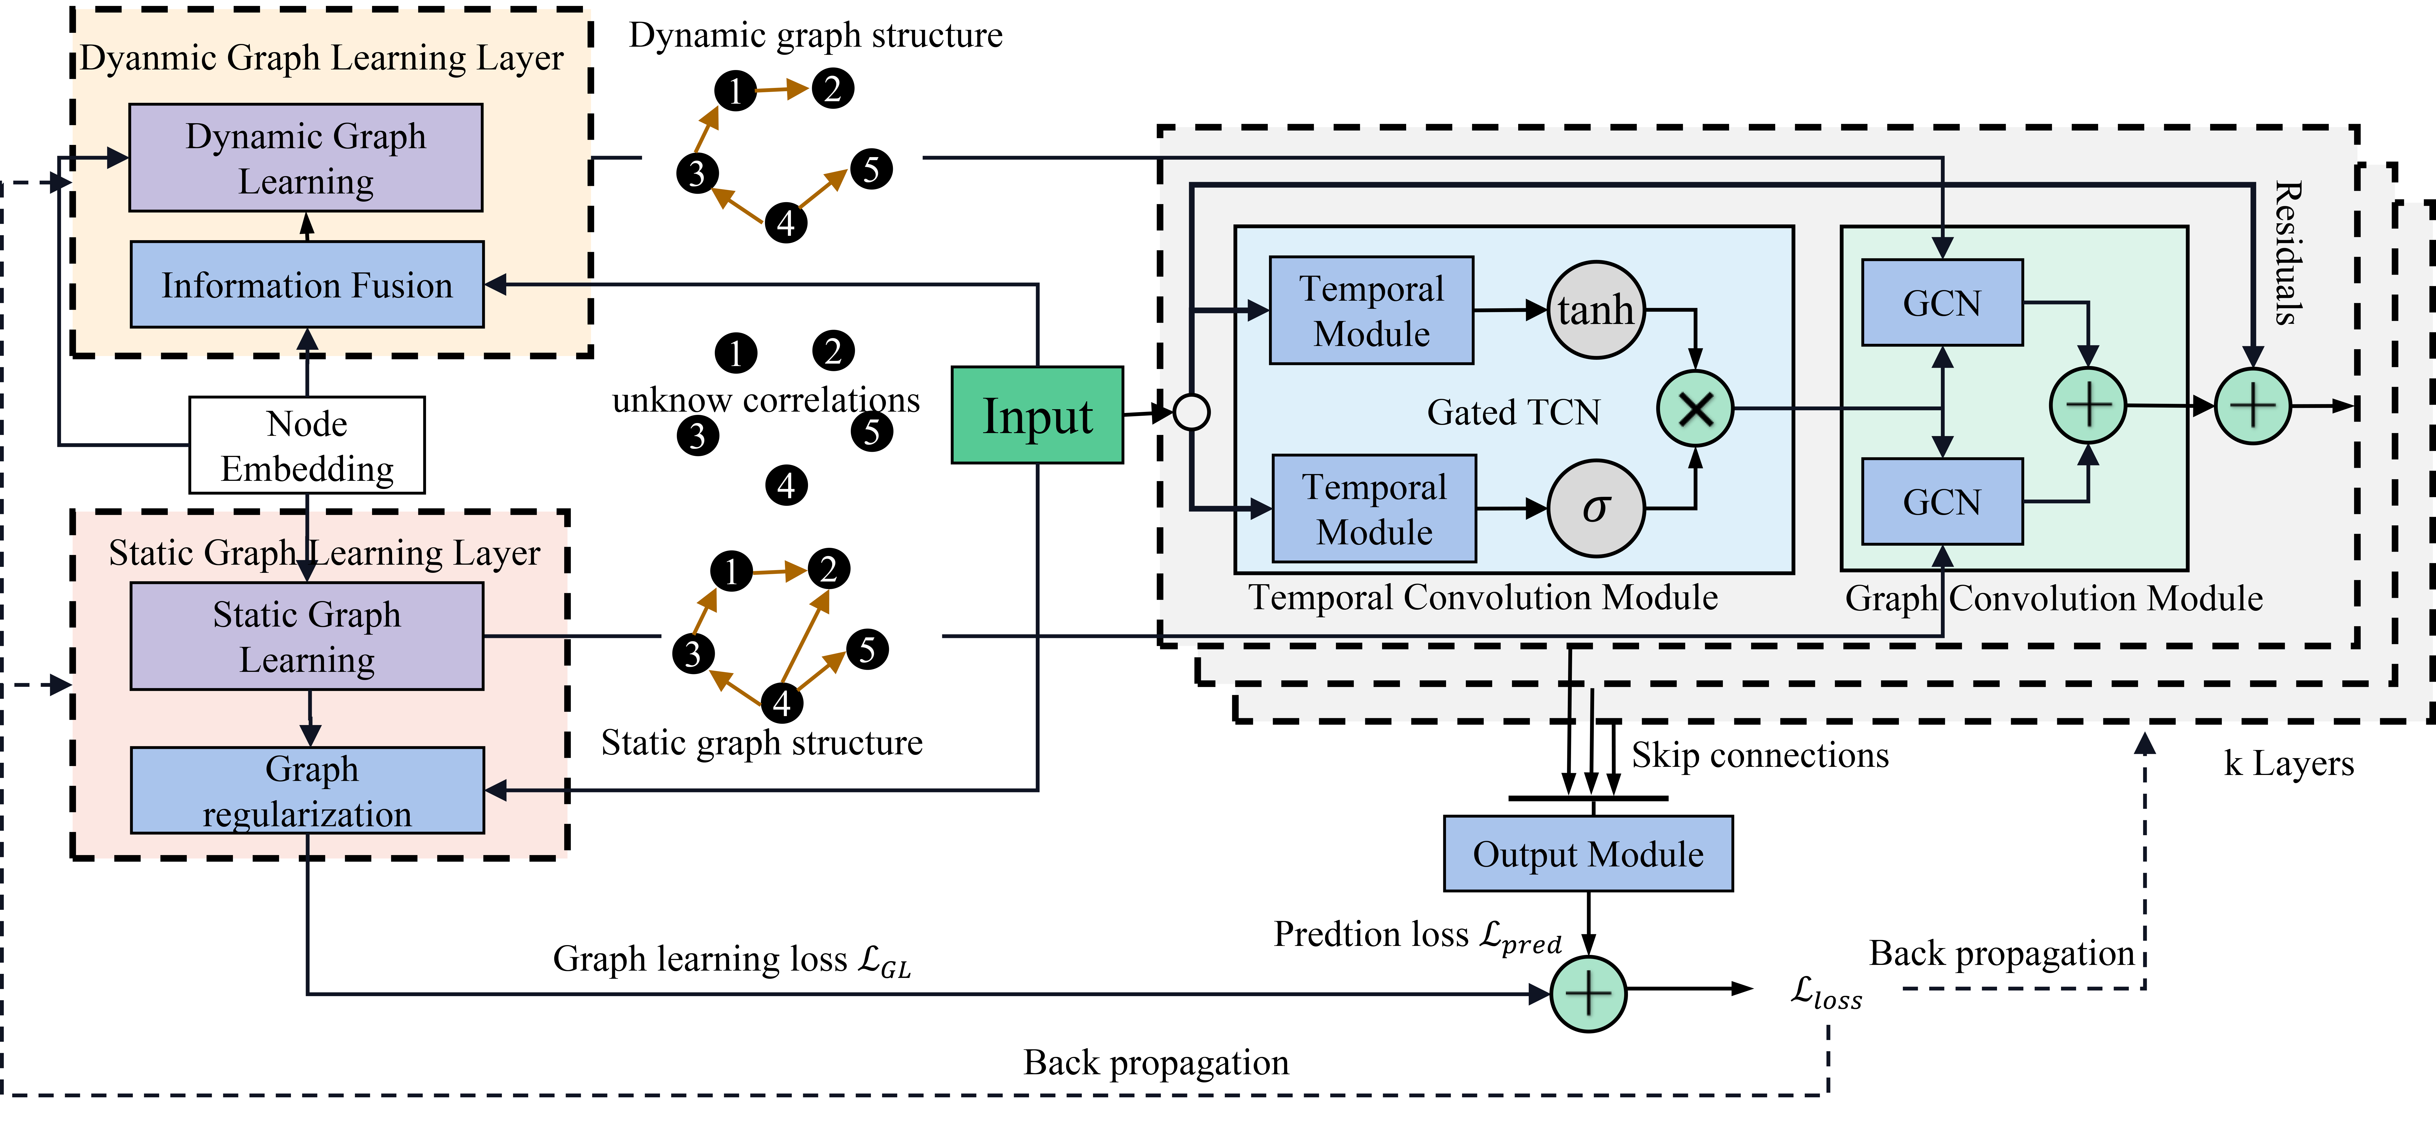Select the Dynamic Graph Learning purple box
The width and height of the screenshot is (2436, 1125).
[305, 158]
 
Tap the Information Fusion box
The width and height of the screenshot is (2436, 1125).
[306, 285]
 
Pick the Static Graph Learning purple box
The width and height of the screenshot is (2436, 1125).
[306, 636]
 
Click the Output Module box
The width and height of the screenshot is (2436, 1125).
[1588, 853]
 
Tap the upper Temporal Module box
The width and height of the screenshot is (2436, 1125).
[1371, 310]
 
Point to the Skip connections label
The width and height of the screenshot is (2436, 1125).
[1760, 755]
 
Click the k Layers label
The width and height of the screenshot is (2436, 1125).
[2288, 762]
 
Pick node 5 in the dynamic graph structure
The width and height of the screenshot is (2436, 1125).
[871, 169]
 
